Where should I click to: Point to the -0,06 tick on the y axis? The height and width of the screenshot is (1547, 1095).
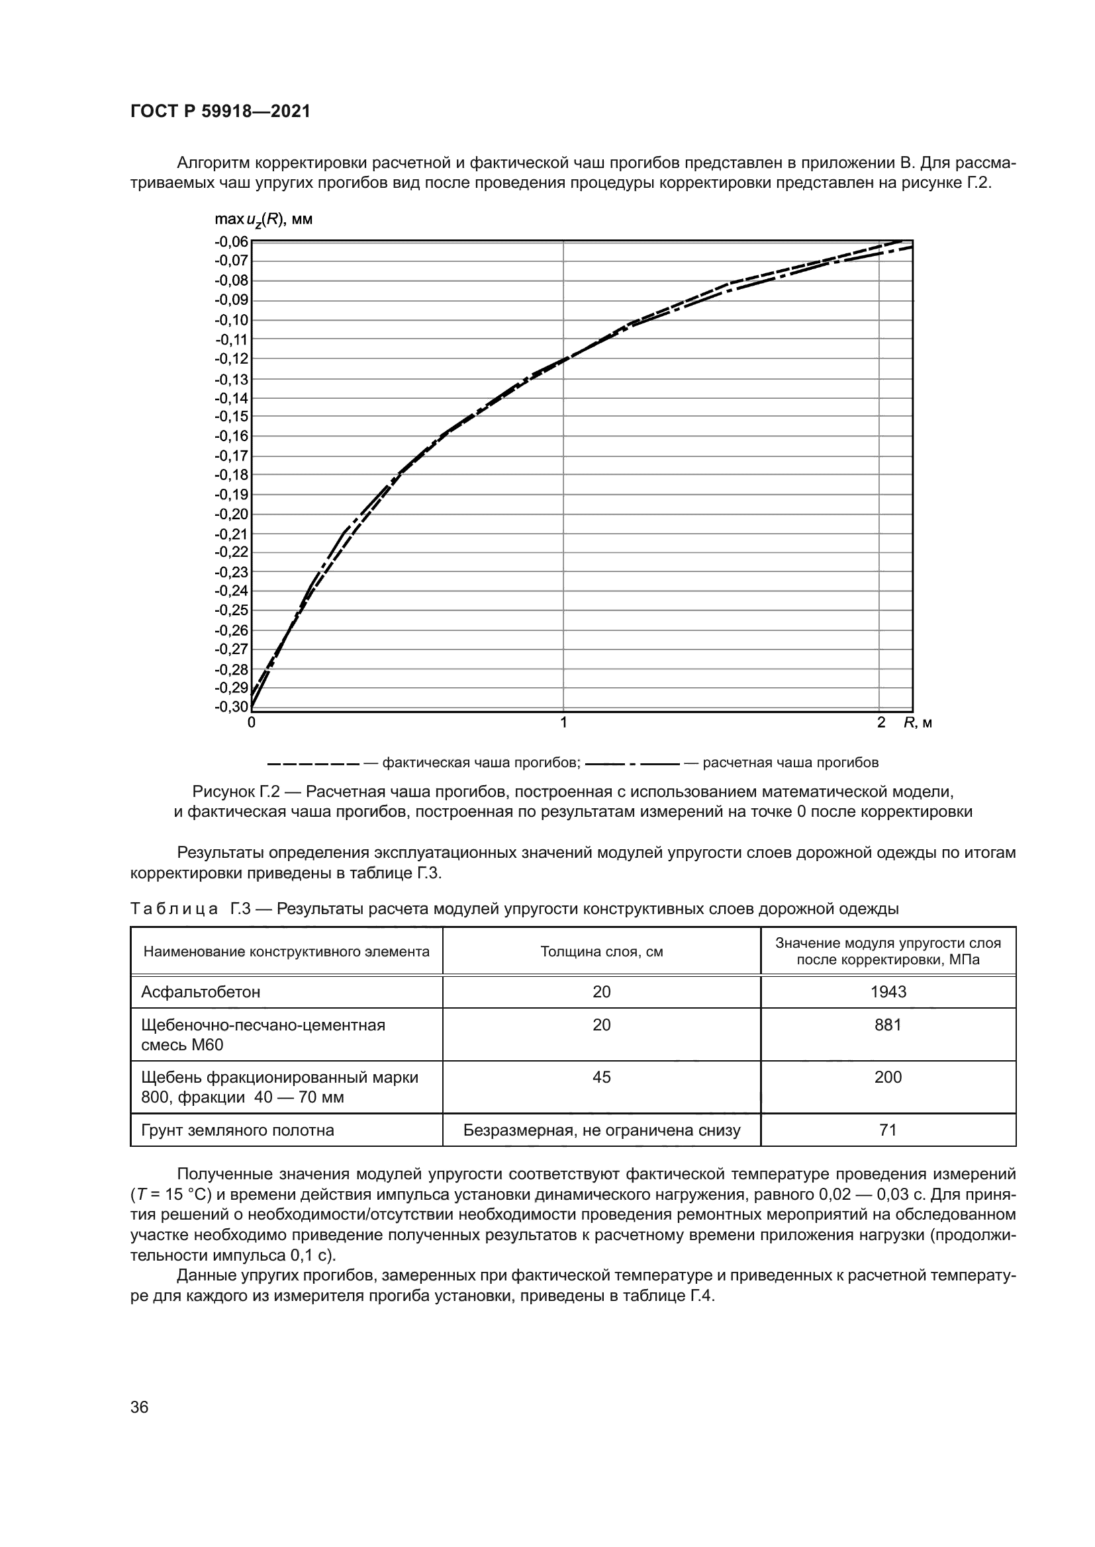point(231,242)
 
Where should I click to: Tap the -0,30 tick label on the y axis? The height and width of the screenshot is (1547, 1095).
point(231,707)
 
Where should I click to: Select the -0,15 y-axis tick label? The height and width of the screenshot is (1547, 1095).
point(231,417)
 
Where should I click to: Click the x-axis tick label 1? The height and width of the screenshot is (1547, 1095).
point(563,723)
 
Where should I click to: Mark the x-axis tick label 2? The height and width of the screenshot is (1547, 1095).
point(881,723)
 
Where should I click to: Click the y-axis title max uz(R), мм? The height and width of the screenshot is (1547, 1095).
point(263,220)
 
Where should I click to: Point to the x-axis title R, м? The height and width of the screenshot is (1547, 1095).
point(918,723)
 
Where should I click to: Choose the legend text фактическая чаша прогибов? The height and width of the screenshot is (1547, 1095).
point(481,763)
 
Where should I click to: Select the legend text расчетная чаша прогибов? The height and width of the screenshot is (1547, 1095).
point(790,763)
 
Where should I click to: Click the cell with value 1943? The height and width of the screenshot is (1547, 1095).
point(888,992)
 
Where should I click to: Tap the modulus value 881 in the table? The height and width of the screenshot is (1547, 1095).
point(888,1024)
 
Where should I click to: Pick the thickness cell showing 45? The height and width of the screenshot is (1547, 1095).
point(601,1077)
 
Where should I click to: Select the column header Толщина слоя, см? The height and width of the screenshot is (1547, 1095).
point(601,951)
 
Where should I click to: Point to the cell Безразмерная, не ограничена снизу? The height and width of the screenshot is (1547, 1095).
point(601,1130)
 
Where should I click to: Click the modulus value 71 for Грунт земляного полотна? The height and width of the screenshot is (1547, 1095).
point(888,1130)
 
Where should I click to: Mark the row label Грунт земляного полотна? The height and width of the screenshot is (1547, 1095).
point(238,1130)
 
